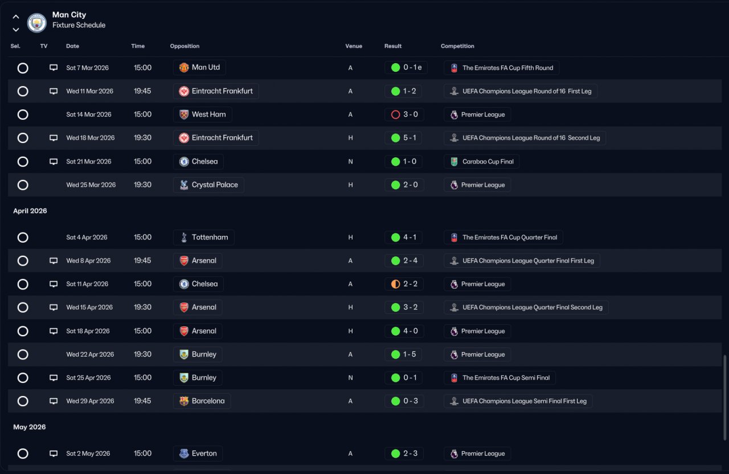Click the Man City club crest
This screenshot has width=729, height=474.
pyautogui.click(x=37, y=22)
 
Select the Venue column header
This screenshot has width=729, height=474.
pyautogui.click(x=354, y=46)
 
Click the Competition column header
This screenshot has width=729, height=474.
pyautogui.click(x=457, y=46)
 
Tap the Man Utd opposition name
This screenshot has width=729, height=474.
pyautogui.click(x=206, y=67)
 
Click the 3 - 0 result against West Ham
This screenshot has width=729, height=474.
pyautogui.click(x=411, y=115)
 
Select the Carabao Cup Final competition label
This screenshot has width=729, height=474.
pyautogui.click(x=488, y=161)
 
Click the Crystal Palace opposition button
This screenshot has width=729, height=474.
pyautogui.click(x=208, y=185)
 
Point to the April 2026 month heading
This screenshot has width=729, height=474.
pyautogui.click(x=30, y=211)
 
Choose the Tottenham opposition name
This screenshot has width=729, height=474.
pyautogui.click(x=210, y=238)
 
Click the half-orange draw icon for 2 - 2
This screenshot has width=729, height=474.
pyautogui.click(x=395, y=284)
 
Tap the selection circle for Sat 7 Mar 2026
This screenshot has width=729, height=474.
pyautogui.click(x=23, y=68)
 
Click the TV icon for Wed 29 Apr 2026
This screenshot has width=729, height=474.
pyautogui.click(x=54, y=401)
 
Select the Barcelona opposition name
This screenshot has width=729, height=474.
pyautogui.click(x=208, y=401)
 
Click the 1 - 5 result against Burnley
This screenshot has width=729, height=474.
pyautogui.click(x=409, y=354)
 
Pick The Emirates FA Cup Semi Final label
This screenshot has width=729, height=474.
pyautogui.click(x=506, y=378)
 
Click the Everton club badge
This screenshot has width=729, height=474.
pyautogui.click(x=184, y=453)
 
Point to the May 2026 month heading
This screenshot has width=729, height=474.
pyautogui.click(x=29, y=427)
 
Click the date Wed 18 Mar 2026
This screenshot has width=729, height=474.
pyautogui.click(x=90, y=138)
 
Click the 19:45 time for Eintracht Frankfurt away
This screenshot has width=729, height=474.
pyautogui.click(x=142, y=91)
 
